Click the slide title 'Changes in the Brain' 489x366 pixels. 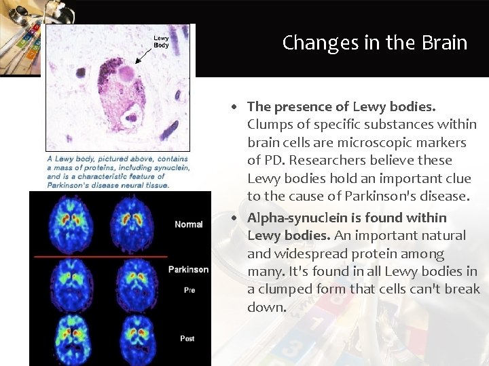(375, 43)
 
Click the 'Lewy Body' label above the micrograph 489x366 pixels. (161, 41)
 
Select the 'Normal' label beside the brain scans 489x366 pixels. (188, 224)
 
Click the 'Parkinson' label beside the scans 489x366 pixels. (188, 269)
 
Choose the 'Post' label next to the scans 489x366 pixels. (188, 338)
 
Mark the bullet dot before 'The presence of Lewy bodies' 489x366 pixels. (233, 107)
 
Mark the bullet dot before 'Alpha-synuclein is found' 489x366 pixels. (233, 218)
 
